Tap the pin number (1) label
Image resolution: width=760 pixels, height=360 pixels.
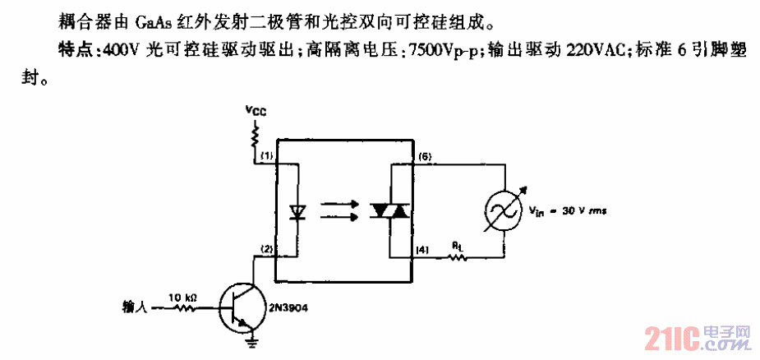tap(265, 155)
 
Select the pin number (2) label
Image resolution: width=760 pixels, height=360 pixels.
tap(265, 249)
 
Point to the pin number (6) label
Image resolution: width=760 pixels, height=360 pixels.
tap(424, 155)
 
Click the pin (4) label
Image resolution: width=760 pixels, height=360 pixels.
tap(422, 249)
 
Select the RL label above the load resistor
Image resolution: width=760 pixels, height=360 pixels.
tap(456, 244)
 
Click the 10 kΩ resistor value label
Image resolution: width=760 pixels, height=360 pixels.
tap(182, 297)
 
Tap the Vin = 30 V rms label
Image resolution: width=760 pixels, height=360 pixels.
tap(566, 210)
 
